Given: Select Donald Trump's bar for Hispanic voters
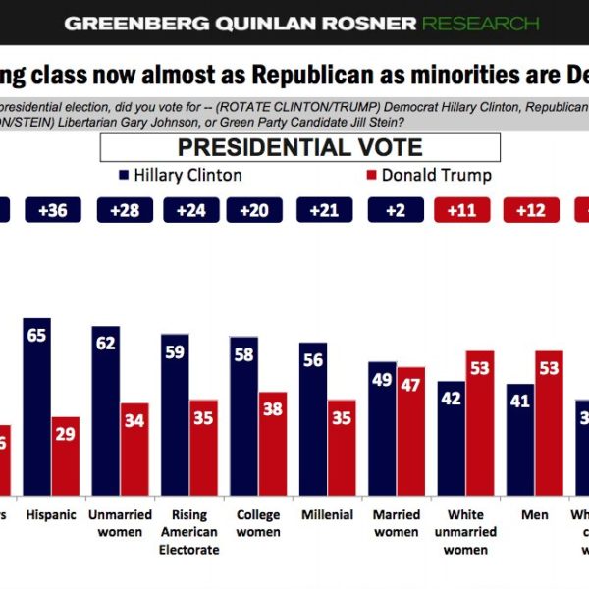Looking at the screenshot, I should (67, 455).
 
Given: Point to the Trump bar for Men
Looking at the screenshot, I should (550, 422).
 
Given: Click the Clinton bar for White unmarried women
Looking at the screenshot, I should (452, 438).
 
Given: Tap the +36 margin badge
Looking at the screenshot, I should (53, 209).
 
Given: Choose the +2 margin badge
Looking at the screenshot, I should (395, 209).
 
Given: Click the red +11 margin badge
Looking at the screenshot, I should (461, 209).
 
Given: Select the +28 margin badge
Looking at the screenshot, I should (124, 209).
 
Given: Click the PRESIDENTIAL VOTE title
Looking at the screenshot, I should (299, 148).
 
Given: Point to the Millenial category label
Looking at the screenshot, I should (328, 515).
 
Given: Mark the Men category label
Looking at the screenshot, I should (536, 515).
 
